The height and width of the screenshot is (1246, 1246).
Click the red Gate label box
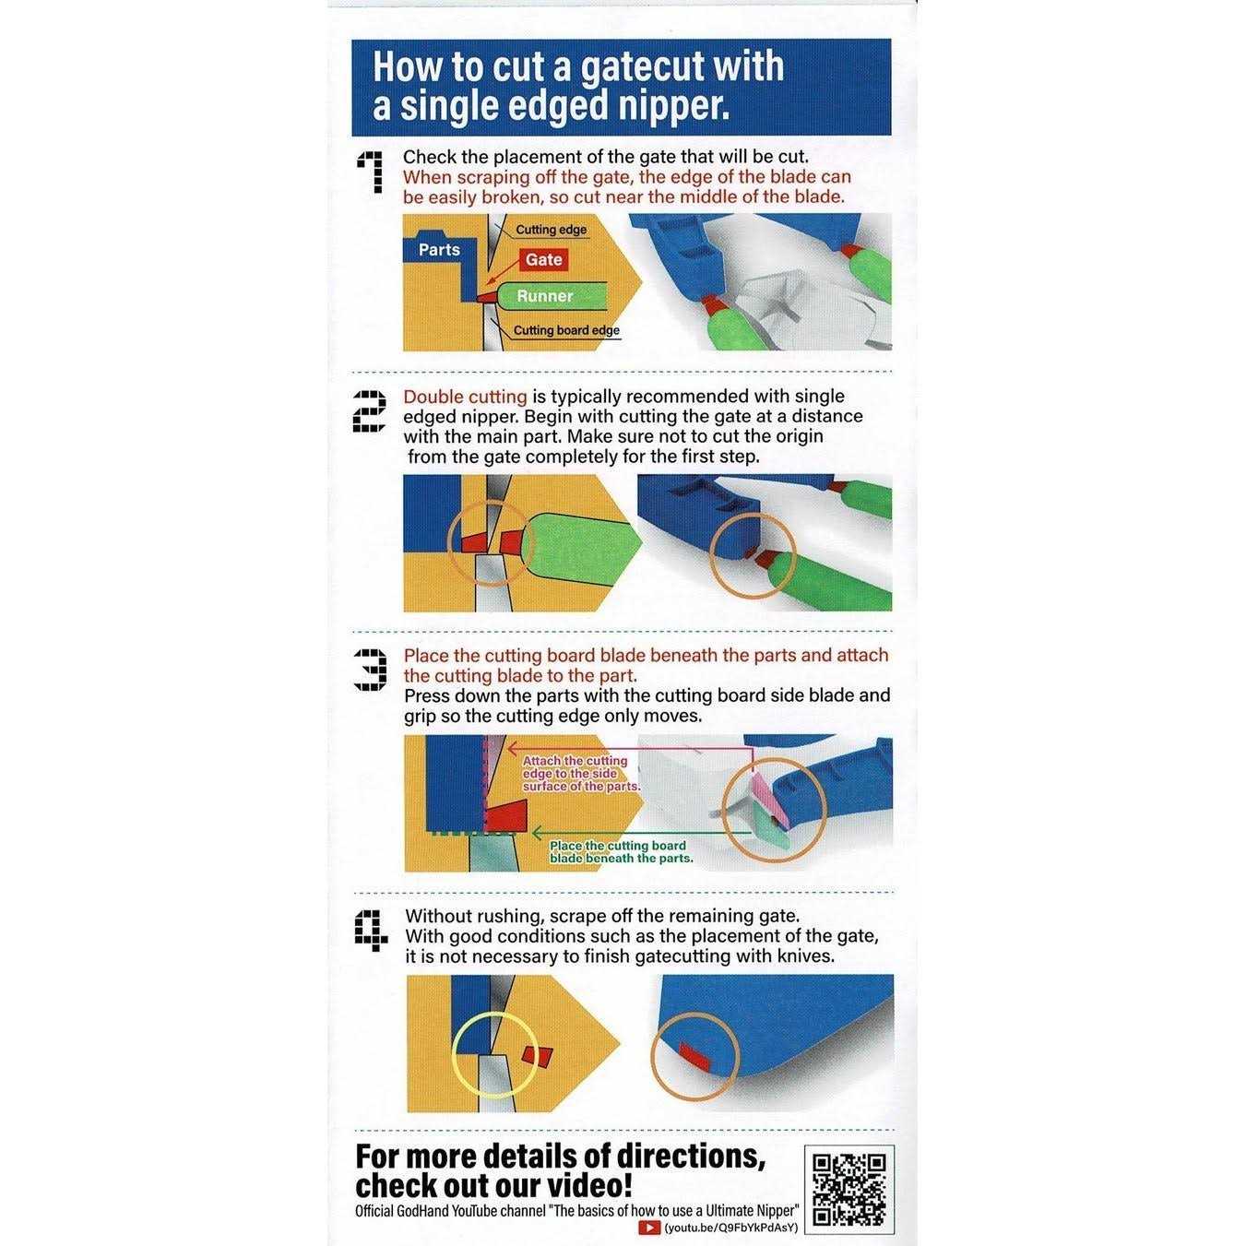[x=543, y=259]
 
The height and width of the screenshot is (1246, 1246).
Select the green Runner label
[x=544, y=296]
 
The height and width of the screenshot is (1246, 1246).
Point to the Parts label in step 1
[x=439, y=250]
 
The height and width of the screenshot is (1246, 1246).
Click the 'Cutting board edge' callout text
[x=566, y=330]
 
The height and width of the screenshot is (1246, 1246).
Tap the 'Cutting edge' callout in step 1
[x=551, y=230]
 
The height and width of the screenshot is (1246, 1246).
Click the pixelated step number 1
[x=370, y=172]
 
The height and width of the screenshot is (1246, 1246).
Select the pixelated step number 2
[x=370, y=410]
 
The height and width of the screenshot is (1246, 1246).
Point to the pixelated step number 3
[x=371, y=670]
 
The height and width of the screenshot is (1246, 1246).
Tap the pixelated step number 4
[x=371, y=929]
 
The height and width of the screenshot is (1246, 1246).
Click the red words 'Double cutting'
[x=465, y=397]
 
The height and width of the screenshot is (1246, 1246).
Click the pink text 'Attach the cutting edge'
[x=575, y=767]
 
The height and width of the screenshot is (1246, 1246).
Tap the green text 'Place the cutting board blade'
[x=618, y=851]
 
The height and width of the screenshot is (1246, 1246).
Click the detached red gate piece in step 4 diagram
[x=538, y=1056]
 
